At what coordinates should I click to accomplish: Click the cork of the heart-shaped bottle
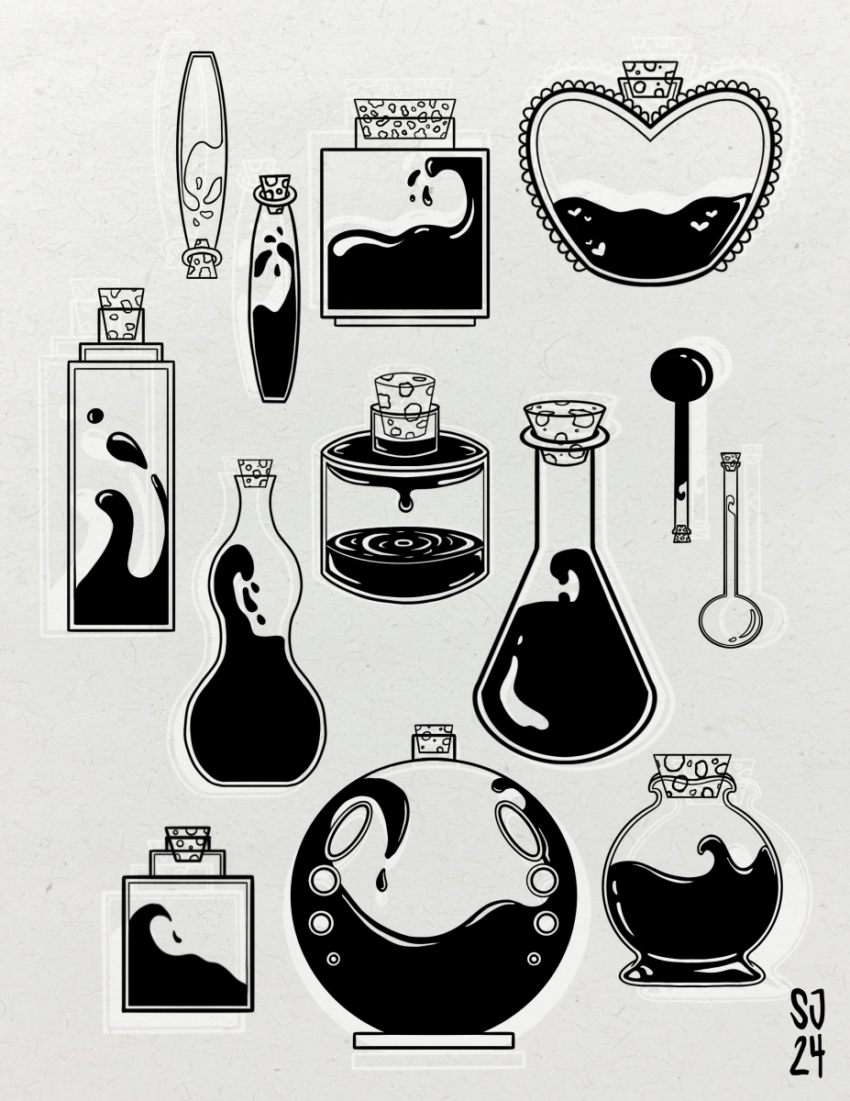click(650, 80)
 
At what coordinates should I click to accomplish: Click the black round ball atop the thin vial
click(681, 374)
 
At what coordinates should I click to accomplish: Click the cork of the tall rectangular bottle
click(121, 314)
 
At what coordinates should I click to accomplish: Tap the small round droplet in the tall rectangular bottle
click(95, 416)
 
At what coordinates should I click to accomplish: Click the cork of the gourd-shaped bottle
click(256, 473)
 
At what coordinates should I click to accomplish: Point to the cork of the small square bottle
click(187, 844)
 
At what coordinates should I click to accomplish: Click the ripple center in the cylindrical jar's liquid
click(403, 544)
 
